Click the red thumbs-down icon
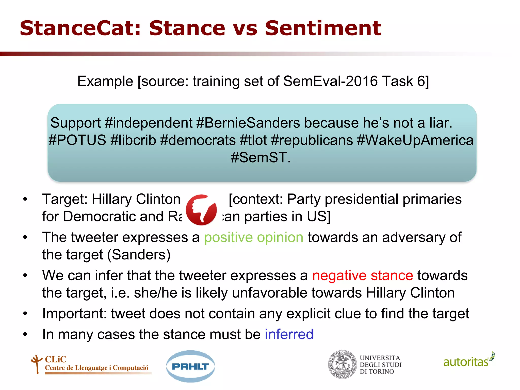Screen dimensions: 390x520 201,210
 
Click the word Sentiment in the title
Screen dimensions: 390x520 323,28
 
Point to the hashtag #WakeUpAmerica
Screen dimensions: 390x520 415,140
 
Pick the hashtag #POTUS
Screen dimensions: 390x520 77,140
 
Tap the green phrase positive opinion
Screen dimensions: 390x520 254,238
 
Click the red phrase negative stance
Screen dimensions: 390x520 362,276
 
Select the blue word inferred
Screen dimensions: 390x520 289,334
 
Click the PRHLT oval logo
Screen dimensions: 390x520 190,366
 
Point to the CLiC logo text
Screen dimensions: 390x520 56,359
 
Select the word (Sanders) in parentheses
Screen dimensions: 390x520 139,255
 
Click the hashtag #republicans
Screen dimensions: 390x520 312,140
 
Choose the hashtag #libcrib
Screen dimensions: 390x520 133,140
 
